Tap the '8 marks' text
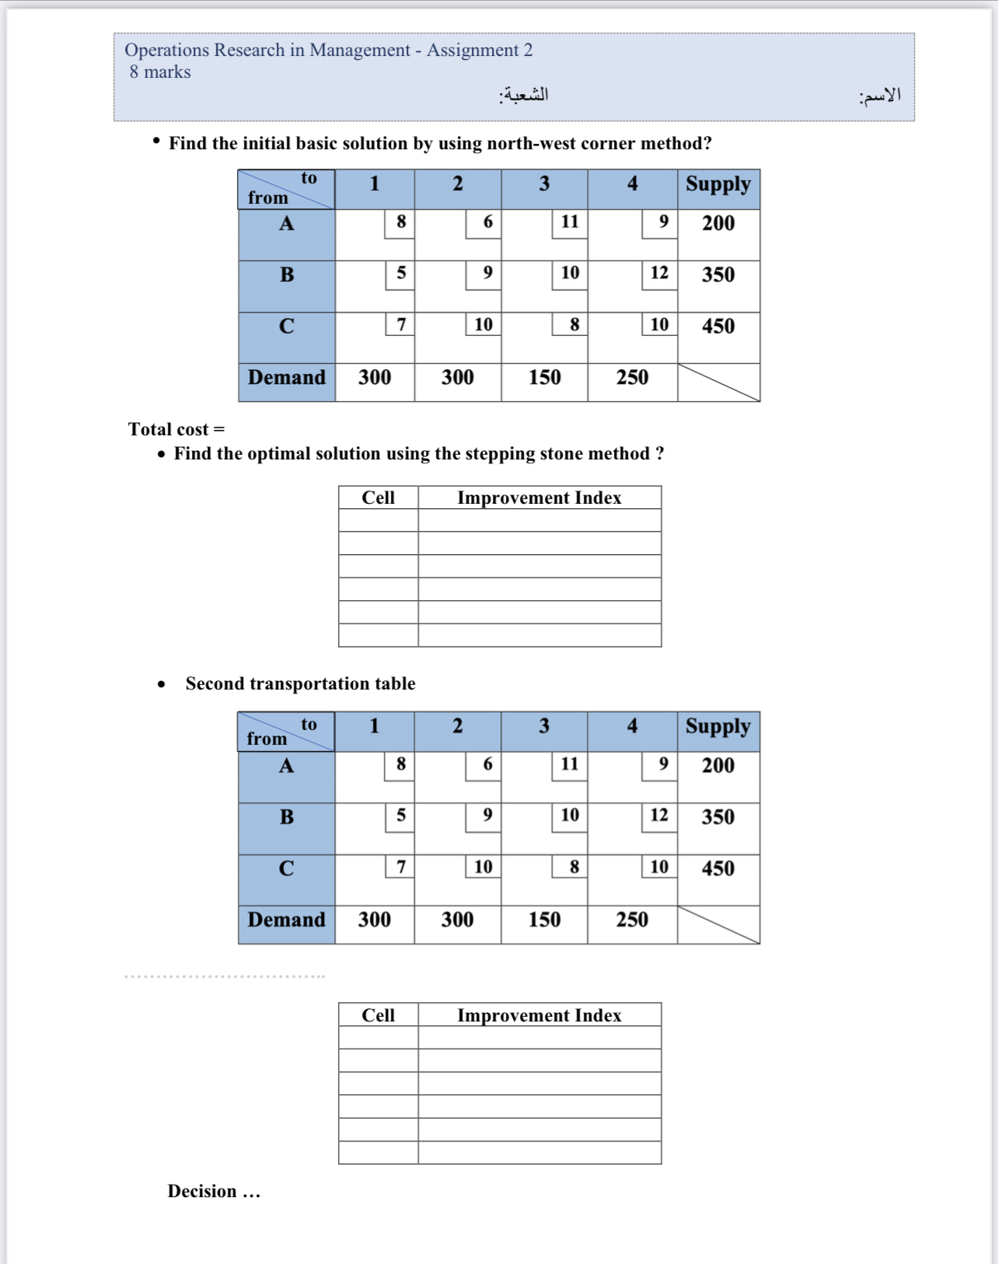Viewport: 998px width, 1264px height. [160, 72]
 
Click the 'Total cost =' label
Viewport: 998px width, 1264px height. [176, 429]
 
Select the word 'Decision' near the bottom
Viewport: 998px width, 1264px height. [202, 1191]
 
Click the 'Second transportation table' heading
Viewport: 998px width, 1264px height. [300, 683]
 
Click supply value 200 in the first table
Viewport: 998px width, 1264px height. [717, 223]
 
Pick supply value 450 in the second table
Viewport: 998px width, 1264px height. [717, 868]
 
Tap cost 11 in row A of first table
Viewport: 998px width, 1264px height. [570, 222]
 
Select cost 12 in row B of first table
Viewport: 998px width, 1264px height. [659, 273]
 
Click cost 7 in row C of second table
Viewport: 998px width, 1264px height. [401, 867]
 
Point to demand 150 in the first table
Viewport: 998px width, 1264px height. [544, 377]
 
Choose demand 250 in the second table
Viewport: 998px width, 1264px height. [632, 920]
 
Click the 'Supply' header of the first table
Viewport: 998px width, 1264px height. [717, 184]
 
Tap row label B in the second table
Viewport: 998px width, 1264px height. [287, 817]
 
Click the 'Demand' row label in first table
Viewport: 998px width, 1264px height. [287, 377]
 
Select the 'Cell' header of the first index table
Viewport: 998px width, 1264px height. [378, 498]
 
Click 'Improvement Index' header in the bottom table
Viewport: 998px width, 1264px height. [539, 1015]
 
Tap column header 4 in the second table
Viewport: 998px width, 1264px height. [632, 726]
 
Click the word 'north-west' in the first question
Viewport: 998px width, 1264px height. [528, 143]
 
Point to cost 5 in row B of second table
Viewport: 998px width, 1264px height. [401, 815]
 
